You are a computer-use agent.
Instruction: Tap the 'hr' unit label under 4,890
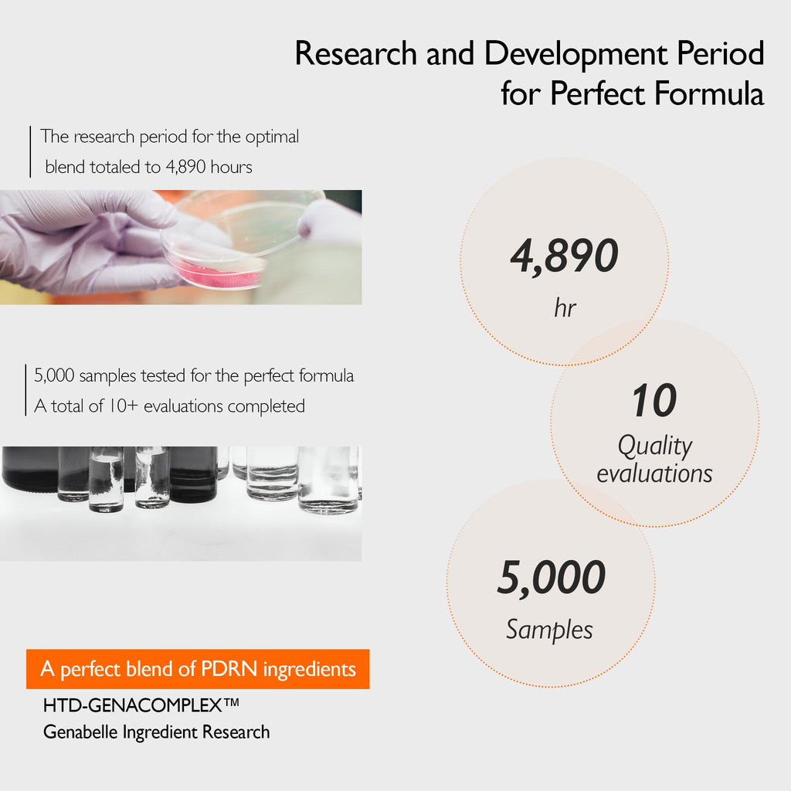pos(565,307)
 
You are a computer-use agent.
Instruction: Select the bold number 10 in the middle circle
pos(654,400)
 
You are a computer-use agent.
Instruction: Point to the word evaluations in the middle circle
pos(654,474)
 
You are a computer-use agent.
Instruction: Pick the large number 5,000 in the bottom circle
pos(551,578)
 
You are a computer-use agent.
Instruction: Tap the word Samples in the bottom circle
pos(549,630)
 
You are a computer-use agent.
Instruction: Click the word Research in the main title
pos(355,53)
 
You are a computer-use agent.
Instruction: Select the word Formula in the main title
pos(709,93)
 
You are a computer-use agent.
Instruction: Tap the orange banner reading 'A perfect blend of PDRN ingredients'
pos(198,669)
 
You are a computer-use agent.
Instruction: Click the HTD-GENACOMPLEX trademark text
pos(141,705)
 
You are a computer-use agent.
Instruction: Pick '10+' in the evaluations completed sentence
pos(123,406)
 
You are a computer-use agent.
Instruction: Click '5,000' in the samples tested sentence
pos(54,375)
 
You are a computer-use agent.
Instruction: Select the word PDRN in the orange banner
pos(229,669)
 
